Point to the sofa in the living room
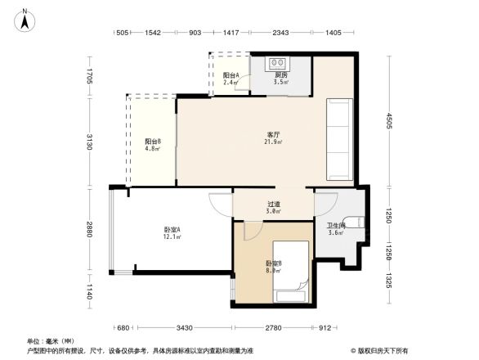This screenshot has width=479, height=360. click(340, 131)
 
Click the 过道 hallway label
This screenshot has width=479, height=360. click(274, 206)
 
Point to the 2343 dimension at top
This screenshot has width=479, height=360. click(280, 33)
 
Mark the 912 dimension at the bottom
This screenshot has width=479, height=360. click(325, 327)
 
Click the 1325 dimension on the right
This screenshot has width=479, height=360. click(390, 282)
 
